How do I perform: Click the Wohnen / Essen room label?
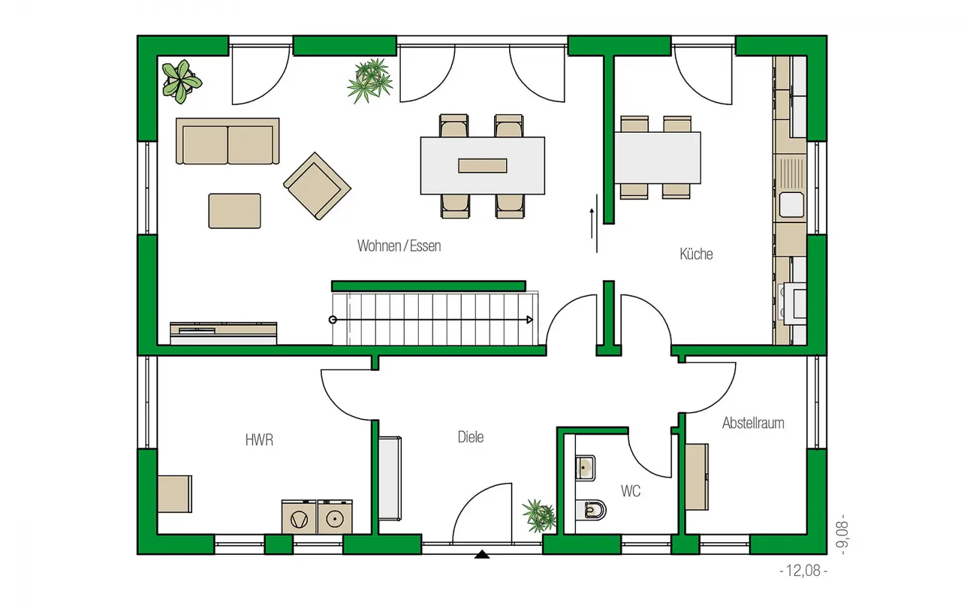pos(399,246)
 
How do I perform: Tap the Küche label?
pos(696,254)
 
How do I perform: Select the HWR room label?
pos(259,440)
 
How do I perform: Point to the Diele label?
pos(471,437)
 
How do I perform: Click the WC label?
pos(630,491)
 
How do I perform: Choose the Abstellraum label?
pos(753,423)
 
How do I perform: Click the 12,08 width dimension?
pos(803,570)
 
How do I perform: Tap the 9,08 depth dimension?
pos(842,534)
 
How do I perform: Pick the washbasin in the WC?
pos(585,468)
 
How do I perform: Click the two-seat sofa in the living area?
pos(228,141)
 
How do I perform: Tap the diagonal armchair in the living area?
pos(317,186)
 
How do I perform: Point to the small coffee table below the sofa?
pos(234,210)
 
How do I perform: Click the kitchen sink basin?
pos(792,204)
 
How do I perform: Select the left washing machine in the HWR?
pos(299,517)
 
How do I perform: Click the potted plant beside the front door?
pos(539,516)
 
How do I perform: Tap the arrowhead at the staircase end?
pos(530,320)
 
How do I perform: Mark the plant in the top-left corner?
pos(181,81)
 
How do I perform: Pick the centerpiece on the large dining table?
pos(483,166)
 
